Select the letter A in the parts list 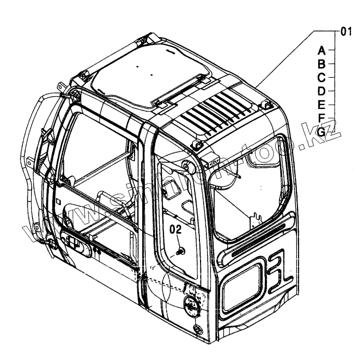coord(322,50)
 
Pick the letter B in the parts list coord(322,64)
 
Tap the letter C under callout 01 coord(322,77)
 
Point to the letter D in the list coord(322,90)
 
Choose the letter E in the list coord(322,104)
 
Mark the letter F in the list coord(322,118)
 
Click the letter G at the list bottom coord(322,131)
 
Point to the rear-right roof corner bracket coord(266,105)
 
